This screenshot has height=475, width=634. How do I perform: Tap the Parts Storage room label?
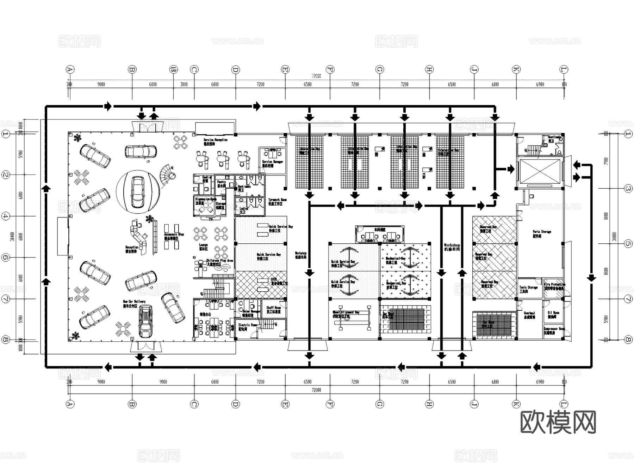point(541,233)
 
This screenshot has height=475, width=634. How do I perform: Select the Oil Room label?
point(553,314)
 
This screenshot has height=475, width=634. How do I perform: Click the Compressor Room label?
point(553,330)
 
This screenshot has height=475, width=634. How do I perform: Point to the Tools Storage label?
point(528,289)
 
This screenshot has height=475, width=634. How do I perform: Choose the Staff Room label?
point(273,310)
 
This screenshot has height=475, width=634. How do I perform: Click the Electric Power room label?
point(248,327)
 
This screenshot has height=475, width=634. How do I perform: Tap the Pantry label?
point(221,184)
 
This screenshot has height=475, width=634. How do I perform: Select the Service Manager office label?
point(272,163)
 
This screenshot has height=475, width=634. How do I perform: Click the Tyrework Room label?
point(277,201)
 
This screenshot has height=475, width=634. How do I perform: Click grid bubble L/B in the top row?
point(173,69)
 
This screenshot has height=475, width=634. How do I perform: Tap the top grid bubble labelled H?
point(429,69)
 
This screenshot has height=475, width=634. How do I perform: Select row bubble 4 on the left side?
point(5,216)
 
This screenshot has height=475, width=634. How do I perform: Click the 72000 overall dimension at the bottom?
point(316,390)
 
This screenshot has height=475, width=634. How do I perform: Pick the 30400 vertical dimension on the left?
point(13,236)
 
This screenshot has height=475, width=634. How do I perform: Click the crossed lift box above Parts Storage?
point(540,172)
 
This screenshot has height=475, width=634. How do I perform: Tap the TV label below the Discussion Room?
point(211,219)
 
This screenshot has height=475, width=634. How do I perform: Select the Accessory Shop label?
point(174,236)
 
